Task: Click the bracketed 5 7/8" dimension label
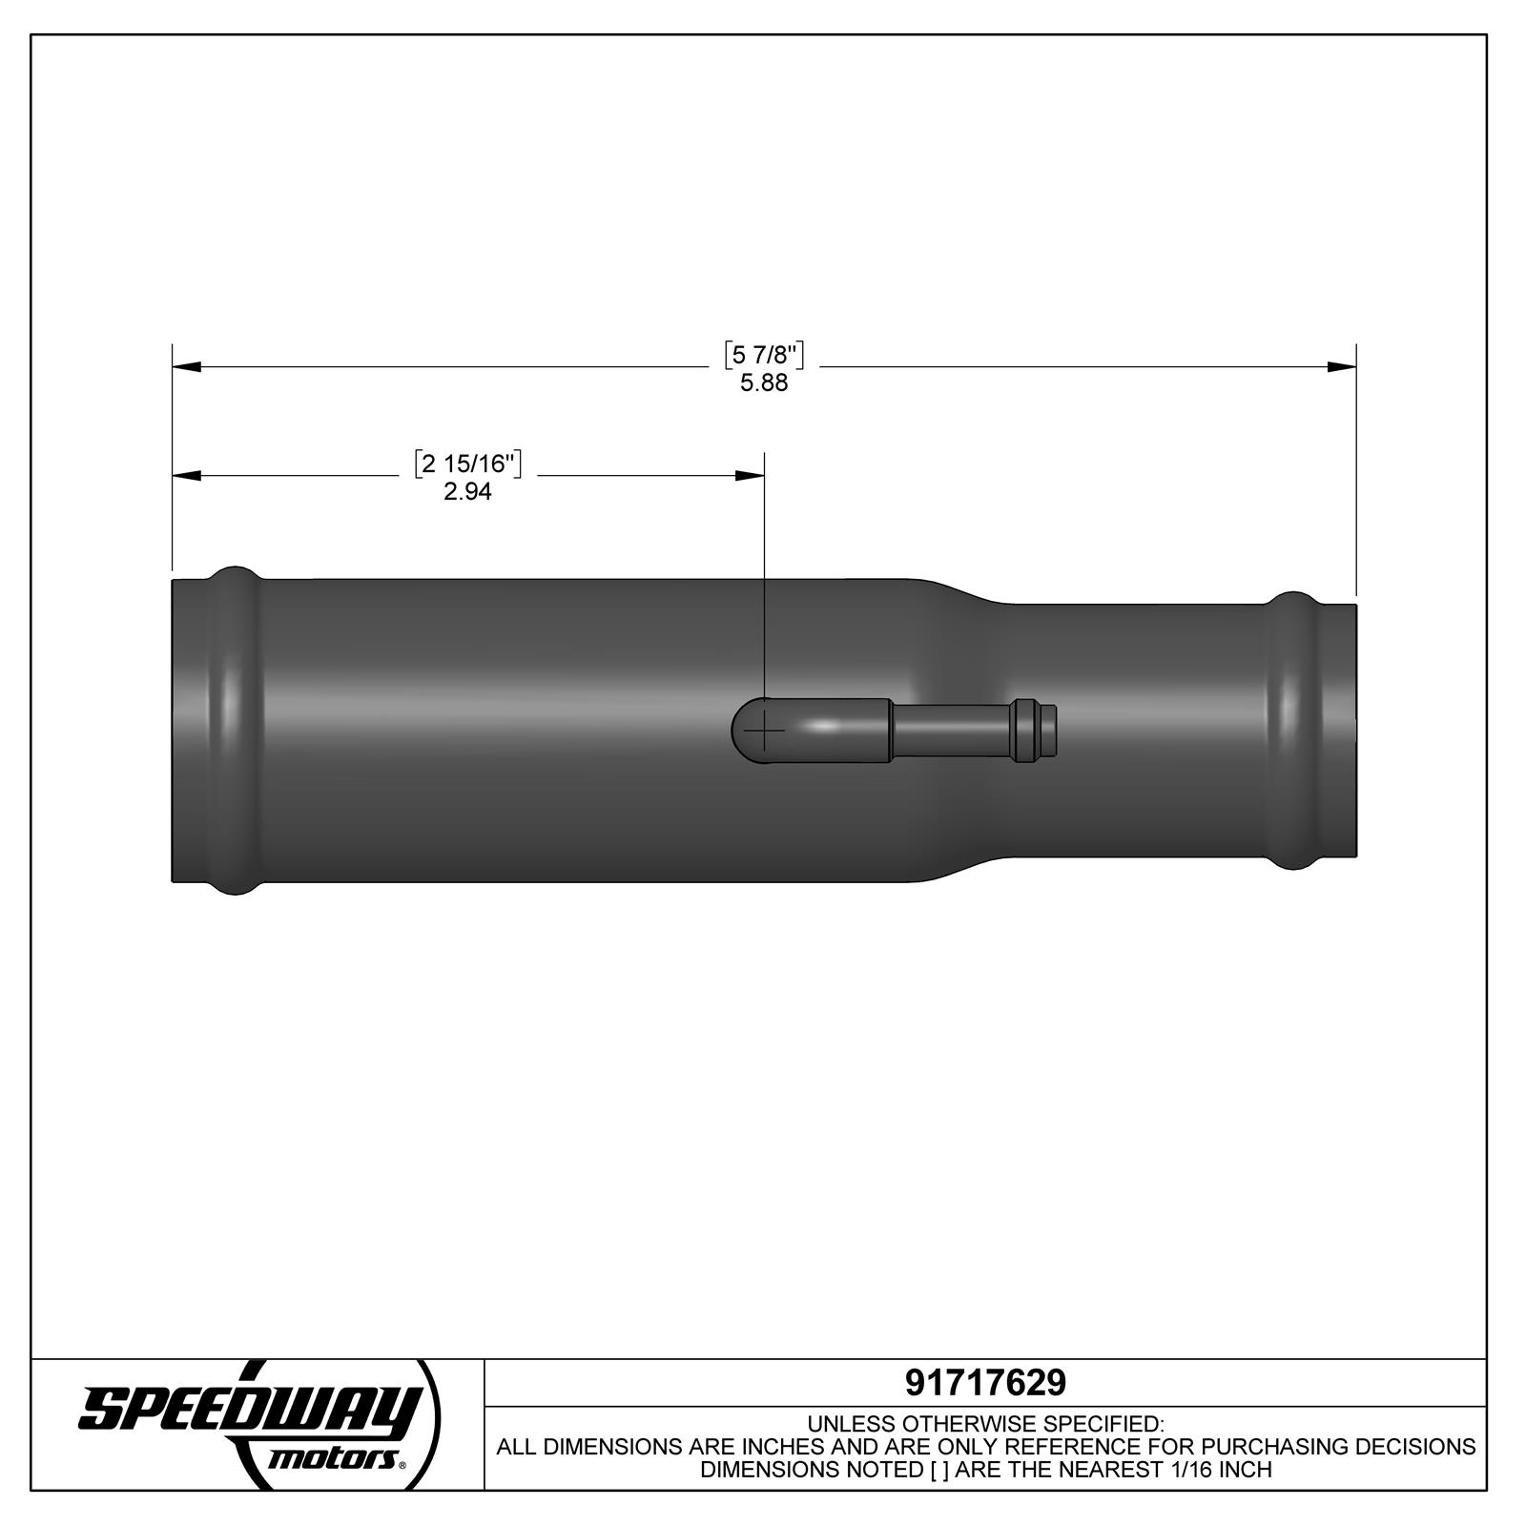click(764, 356)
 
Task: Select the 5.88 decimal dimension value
click(764, 383)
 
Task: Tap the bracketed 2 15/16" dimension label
click(468, 464)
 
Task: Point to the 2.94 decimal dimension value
click(468, 492)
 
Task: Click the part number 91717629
click(985, 1382)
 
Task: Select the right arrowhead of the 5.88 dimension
click(1342, 366)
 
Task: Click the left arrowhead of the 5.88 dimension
click(187, 366)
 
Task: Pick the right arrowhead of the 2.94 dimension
click(750, 475)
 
